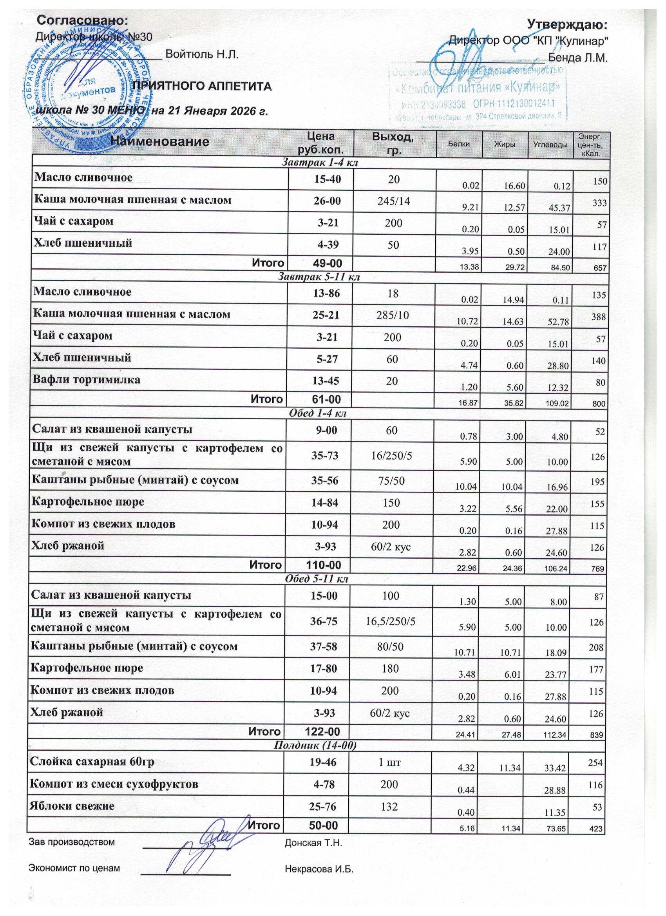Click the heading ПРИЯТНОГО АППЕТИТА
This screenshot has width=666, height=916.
click(x=202, y=87)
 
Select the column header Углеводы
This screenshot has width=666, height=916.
click(x=550, y=145)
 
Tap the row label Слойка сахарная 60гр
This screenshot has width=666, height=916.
click(x=92, y=761)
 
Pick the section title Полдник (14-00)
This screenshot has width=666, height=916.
click(x=315, y=745)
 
